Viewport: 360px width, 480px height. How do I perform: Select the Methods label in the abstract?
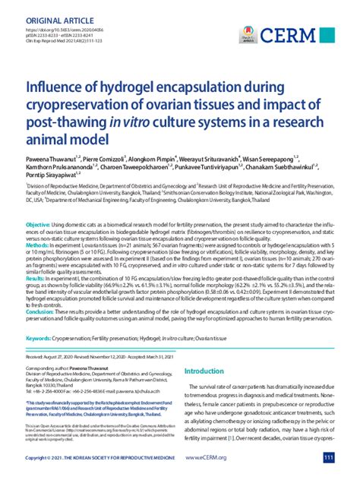(38, 225)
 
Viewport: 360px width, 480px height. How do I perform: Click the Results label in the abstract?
(36, 258)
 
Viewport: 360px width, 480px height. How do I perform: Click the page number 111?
(328, 458)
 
